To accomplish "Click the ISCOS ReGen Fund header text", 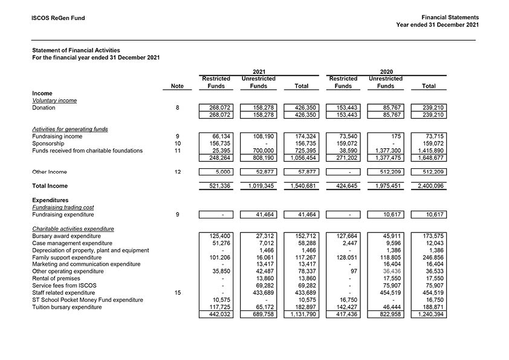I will click(58, 18).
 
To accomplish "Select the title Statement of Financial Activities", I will click(76, 50).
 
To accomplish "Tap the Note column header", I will click(177, 87).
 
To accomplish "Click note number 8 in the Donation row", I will click(177, 108).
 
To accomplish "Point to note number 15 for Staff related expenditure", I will click(177, 293).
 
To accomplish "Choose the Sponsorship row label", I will click(48, 143).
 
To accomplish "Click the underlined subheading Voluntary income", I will click(54, 100).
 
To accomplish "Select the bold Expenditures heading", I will click(50, 200).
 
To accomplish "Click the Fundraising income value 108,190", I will click(264, 137).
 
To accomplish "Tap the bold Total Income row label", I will click(50, 186).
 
